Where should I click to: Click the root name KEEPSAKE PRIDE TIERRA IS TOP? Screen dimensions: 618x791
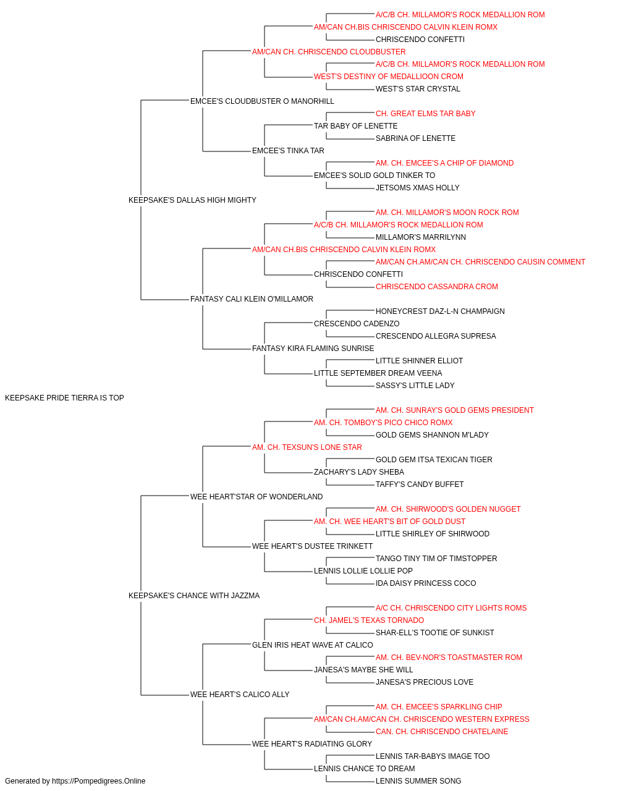click(x=64, y=398)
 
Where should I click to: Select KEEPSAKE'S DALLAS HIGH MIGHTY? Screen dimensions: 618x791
click(x=192, y=200)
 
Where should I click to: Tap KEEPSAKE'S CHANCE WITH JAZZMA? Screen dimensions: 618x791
click(x=194, y=596)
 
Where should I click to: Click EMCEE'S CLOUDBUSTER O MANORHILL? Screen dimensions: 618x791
click(x=262, y=101)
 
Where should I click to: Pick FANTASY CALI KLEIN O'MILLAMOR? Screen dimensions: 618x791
click(x=252, y=299)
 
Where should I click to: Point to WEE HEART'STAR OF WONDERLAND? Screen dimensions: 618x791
click(x=256, y=496)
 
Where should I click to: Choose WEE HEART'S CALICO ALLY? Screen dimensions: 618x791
click(x=240, y=694)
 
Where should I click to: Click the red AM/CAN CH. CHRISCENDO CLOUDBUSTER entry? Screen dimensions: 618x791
click(x=329, y=52)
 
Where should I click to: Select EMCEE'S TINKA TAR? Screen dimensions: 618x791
click(x=288, y=151)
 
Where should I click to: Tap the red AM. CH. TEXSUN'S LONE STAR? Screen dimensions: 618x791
click(x=307, y=447)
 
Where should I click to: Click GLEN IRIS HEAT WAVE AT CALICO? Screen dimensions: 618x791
click(x=312, y=645)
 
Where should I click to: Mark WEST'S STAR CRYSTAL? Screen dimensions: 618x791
click(x=418, y=89)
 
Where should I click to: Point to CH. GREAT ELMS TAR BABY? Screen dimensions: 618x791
click(x=425, y=114)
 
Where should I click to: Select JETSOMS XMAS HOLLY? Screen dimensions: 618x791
click(x=418, y=188)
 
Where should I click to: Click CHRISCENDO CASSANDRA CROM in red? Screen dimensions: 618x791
click(x=437, y=287)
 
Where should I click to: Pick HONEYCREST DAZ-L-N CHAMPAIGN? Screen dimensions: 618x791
click(x=440, y=311)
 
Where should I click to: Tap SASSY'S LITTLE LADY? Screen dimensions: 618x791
click(x=415, y=386)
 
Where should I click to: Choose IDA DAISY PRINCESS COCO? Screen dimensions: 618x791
click(x=426, y=583)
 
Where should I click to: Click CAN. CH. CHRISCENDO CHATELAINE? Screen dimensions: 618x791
click(x=442, y=731)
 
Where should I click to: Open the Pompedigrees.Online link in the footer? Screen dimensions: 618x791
click(x=98, y=781)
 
